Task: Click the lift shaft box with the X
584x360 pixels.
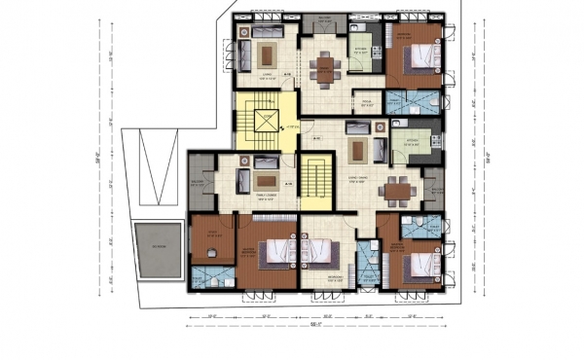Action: point(265,121)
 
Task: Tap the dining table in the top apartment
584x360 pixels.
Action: point(323,69)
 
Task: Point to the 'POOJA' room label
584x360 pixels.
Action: point(368,100)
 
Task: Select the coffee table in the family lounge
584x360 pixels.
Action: point(265,179)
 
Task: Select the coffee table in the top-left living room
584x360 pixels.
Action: point(269,55)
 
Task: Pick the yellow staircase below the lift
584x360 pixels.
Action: point(313,183)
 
